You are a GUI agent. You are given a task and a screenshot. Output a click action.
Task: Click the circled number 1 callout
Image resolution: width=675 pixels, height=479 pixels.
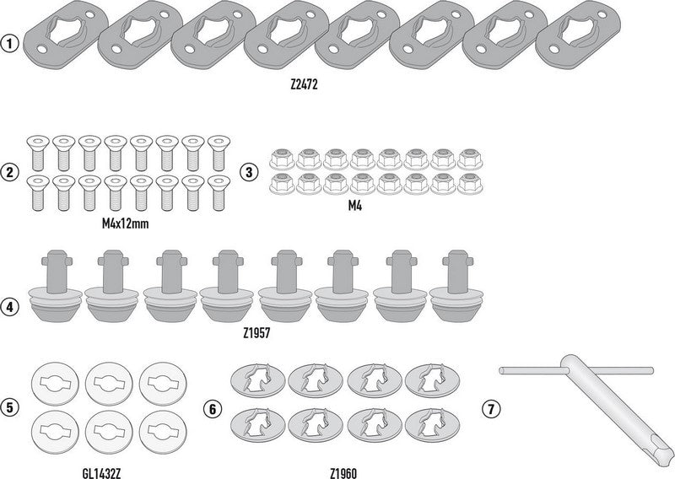click(10, 44)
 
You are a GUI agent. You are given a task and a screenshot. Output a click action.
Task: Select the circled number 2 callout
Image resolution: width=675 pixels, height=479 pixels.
click(10, 172)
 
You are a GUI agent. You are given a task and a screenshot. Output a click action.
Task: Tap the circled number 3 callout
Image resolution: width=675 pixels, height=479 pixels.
click(249, 172)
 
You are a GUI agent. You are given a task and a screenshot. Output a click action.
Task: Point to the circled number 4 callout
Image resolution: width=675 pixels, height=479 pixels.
click(10, 307)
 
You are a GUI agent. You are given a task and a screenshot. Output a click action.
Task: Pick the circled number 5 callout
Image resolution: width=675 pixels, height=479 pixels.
click(10, 407)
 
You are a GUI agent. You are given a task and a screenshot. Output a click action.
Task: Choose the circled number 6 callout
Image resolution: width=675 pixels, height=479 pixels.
click(213, 408)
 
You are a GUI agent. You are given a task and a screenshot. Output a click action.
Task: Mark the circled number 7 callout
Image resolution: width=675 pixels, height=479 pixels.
click(491, 408)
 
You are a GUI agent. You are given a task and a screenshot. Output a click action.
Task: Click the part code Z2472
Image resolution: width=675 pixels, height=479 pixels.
click(304, 85)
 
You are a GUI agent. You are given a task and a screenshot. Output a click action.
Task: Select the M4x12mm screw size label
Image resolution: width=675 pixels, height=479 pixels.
click(125, 223)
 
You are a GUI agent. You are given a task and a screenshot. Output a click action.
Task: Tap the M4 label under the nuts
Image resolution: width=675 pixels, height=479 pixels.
click(355, 206)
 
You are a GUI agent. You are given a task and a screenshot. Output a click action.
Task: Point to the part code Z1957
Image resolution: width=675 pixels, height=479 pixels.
click(256, 332)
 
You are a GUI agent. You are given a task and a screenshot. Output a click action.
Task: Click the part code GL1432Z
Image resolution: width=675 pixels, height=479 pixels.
click(101, 473)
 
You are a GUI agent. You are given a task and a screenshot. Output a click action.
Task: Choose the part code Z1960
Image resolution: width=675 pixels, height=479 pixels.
click(343, 473)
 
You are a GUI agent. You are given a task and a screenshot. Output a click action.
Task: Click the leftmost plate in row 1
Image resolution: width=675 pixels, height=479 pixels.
click(66, 37)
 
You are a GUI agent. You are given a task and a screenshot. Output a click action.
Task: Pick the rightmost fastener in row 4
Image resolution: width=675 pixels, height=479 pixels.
click(456, 287)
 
